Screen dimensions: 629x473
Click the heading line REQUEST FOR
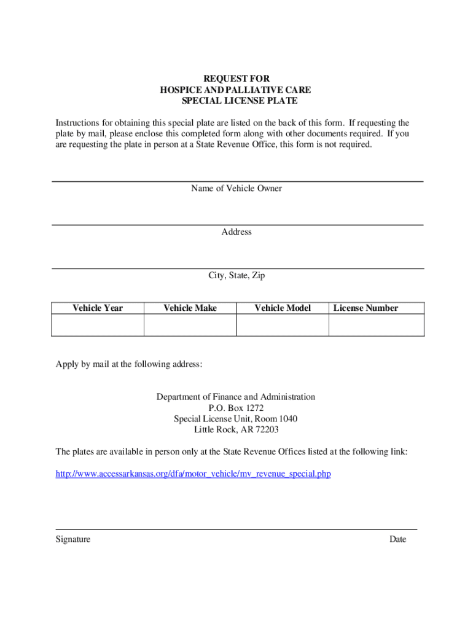tap(236, 79)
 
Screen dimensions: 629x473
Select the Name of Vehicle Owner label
tap(237, 189)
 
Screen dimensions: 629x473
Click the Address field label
tap(237, 232)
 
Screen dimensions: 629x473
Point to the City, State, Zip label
tap(237, 276)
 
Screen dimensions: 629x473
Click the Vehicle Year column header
tap(98, 308)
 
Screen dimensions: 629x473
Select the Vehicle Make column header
tap(190, 308)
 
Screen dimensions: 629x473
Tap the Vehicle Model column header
tap(283, 308)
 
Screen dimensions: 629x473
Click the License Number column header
tap(365, 308)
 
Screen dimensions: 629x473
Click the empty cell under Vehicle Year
tap(98, 325)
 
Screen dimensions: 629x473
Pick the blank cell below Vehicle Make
tap(190, 325)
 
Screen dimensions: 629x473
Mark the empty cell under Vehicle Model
tap(283, 325)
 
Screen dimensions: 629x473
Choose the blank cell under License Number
tap(377, 325)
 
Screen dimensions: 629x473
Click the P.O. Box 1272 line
tap(236, 408)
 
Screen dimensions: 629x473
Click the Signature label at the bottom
tap(73, 539)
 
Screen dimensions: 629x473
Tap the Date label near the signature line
tap(397, 539)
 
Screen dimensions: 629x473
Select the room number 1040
tap(286, 419)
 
